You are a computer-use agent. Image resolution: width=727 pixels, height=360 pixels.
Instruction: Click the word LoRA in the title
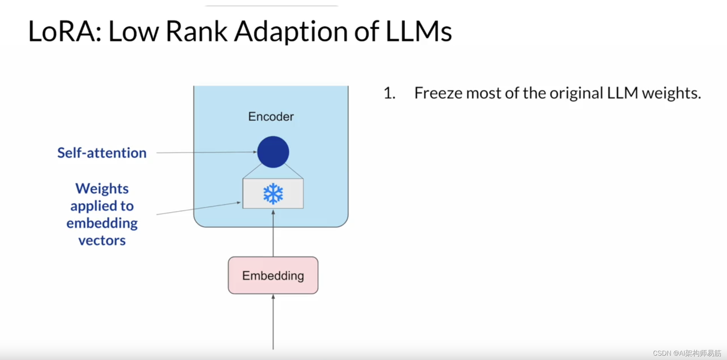[x=64, y=31]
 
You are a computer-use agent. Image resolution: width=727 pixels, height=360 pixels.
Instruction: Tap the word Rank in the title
[x=197, y=31]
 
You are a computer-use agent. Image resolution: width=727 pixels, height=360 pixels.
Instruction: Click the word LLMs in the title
[x=419, y=31]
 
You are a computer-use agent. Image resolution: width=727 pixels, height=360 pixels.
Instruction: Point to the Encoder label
[x=271, y=117]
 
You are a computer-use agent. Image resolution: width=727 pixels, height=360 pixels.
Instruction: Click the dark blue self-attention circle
[x=273, y=152]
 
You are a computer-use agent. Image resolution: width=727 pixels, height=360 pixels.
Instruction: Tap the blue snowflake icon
[x=273, y=194]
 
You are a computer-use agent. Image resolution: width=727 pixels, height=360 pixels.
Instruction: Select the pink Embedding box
[x=273, y=275]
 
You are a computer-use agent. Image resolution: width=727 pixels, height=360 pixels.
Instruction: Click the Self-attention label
[x=102, y=153]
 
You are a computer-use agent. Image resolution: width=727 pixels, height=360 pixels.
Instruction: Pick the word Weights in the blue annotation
[x=102, y=189]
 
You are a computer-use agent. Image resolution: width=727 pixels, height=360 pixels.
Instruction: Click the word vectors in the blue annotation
[x=102, y=240]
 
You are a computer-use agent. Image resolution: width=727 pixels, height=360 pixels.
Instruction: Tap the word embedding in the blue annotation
[x=102, y=223]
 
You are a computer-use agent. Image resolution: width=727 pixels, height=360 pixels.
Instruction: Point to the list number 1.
[x=389, y=93]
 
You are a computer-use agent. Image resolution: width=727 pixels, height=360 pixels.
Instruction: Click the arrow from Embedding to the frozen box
[x=273, y=233]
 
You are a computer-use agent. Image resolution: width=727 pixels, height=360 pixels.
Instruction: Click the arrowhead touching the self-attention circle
[x=255, y=152]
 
